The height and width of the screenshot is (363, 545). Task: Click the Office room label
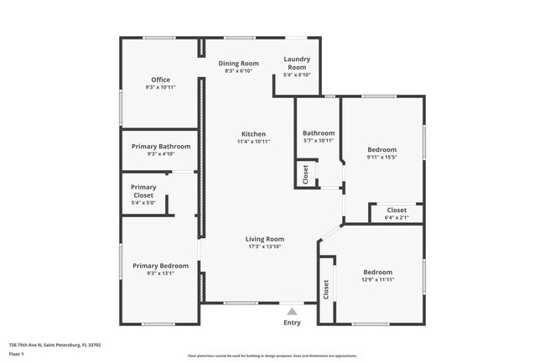pyautogui.click(x=160, y=80)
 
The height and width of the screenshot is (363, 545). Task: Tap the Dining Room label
pyautogui.click(x=239, y=64)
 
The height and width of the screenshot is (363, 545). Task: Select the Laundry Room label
pyautogui.click(x=298, y=63)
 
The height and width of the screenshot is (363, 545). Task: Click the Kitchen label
pyautogui.click(x=253, y=134)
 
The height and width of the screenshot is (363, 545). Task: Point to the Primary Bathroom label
pyautogui.click(x=161, y=147)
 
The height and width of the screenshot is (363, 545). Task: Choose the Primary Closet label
pyautogui.click(x=143, y=191)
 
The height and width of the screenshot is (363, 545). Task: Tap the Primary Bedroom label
pyautogui.click(x=161, y=266)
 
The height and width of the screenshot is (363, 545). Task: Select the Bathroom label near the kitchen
pyautogui.click(x=319, y=133)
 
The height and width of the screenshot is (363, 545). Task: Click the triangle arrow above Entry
pyautogui.click(x=292, y=311)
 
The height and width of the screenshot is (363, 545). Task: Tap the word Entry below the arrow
pyautogui.click(x=292, y=323)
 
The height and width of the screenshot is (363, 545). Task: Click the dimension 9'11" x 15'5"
pyautogui.click(x=382, y=157)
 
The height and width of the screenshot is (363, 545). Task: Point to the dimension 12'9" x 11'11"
pyautogui.click(x=377, y=280)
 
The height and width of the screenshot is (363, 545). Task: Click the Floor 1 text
pyautogui.click(x=18, y=355)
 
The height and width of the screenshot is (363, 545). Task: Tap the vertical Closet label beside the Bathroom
pyautogui.click(x=305, y=174)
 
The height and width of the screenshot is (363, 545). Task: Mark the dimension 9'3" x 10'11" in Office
pyautogui.click(x=160, y=87)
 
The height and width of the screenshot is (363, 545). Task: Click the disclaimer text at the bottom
pyautogui.click(x=272, y=355)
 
